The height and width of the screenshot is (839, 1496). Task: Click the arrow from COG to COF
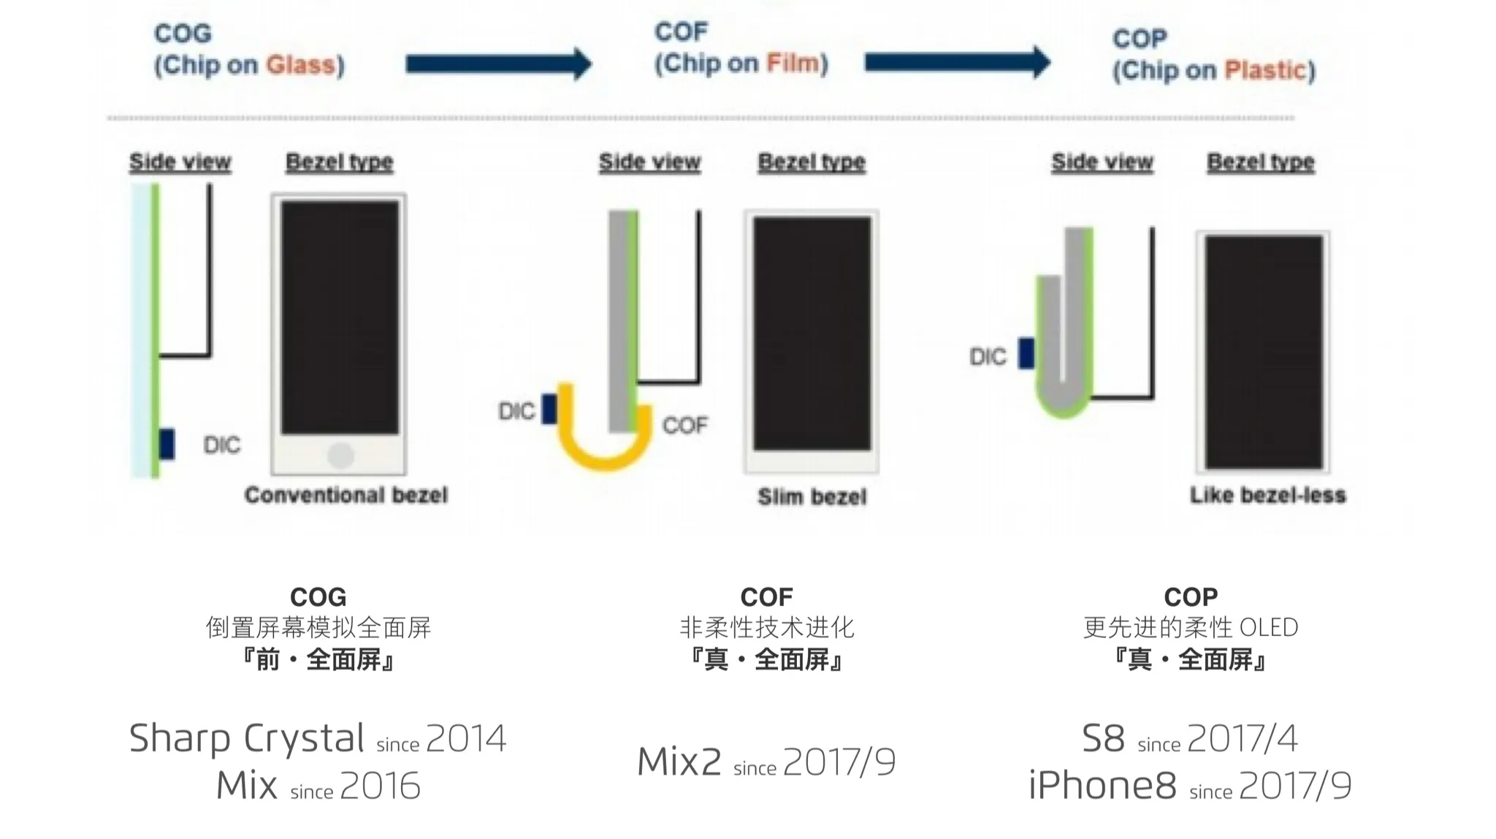coord(498,64)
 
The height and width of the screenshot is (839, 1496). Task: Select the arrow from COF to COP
coord(957,62)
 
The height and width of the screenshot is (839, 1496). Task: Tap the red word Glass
coord(301,65)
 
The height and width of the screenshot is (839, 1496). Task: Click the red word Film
coord(793,63)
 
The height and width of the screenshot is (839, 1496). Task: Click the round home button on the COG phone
coord(340,455)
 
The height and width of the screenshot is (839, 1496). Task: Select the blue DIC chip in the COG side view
coord(167,445)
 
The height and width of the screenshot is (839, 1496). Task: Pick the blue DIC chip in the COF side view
coord(549,409)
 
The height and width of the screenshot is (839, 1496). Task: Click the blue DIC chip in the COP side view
coord(1026,353)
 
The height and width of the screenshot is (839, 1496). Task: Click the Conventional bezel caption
coord(346,495)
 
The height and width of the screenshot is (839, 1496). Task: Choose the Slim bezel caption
coord(812,497)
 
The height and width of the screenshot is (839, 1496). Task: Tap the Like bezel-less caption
coord(1267,495)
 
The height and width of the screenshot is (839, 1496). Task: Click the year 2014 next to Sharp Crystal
coord(466,738)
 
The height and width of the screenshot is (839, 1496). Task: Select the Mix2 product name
coord(679,762)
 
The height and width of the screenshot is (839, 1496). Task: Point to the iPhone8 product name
coord(1102,786)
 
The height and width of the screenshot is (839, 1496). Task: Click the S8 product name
coord(1103,738)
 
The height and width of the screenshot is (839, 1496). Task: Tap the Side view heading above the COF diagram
coord(649,162)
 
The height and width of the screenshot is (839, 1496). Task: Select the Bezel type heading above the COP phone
coord(1260,162)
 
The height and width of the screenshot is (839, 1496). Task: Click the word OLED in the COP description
coord(1269,627)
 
